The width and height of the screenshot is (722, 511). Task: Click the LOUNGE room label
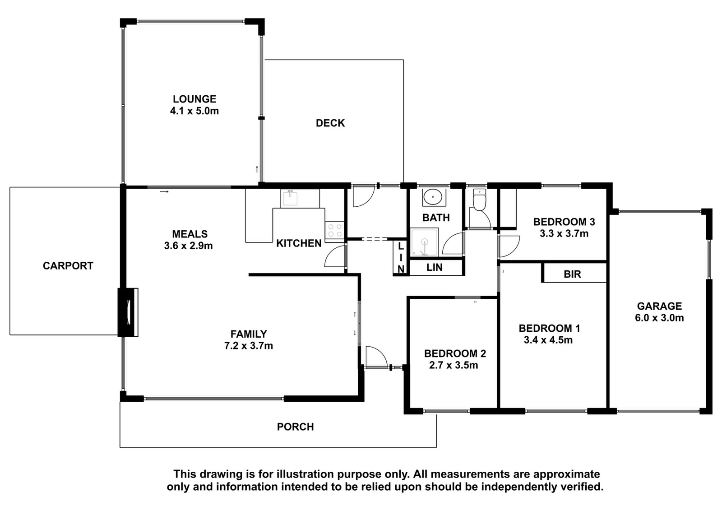[194, 99]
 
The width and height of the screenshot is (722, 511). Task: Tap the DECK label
[330, 123]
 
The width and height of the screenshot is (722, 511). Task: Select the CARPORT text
[68, 265]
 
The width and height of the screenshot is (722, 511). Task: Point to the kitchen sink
[290, 198]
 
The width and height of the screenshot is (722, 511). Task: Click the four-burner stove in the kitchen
[335, 230]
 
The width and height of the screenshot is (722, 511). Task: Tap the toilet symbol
[479, 200]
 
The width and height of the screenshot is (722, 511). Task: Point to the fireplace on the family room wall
[129, 312]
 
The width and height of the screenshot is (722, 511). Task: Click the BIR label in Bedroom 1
[573, 274]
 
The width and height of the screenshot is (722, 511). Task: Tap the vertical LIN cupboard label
[401, 257]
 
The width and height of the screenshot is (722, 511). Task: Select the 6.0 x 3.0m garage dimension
[659, 318]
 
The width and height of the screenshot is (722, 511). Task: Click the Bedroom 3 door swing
[509, 246]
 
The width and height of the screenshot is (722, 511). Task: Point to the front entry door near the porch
[376, 356]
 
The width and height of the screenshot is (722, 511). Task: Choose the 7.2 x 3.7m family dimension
[249, 346]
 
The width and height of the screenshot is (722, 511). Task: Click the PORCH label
[295, 427]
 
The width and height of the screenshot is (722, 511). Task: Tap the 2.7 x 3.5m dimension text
[454, 365]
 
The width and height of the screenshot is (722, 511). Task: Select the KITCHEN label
[299, 243]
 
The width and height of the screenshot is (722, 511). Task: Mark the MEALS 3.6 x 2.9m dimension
[189, 246]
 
